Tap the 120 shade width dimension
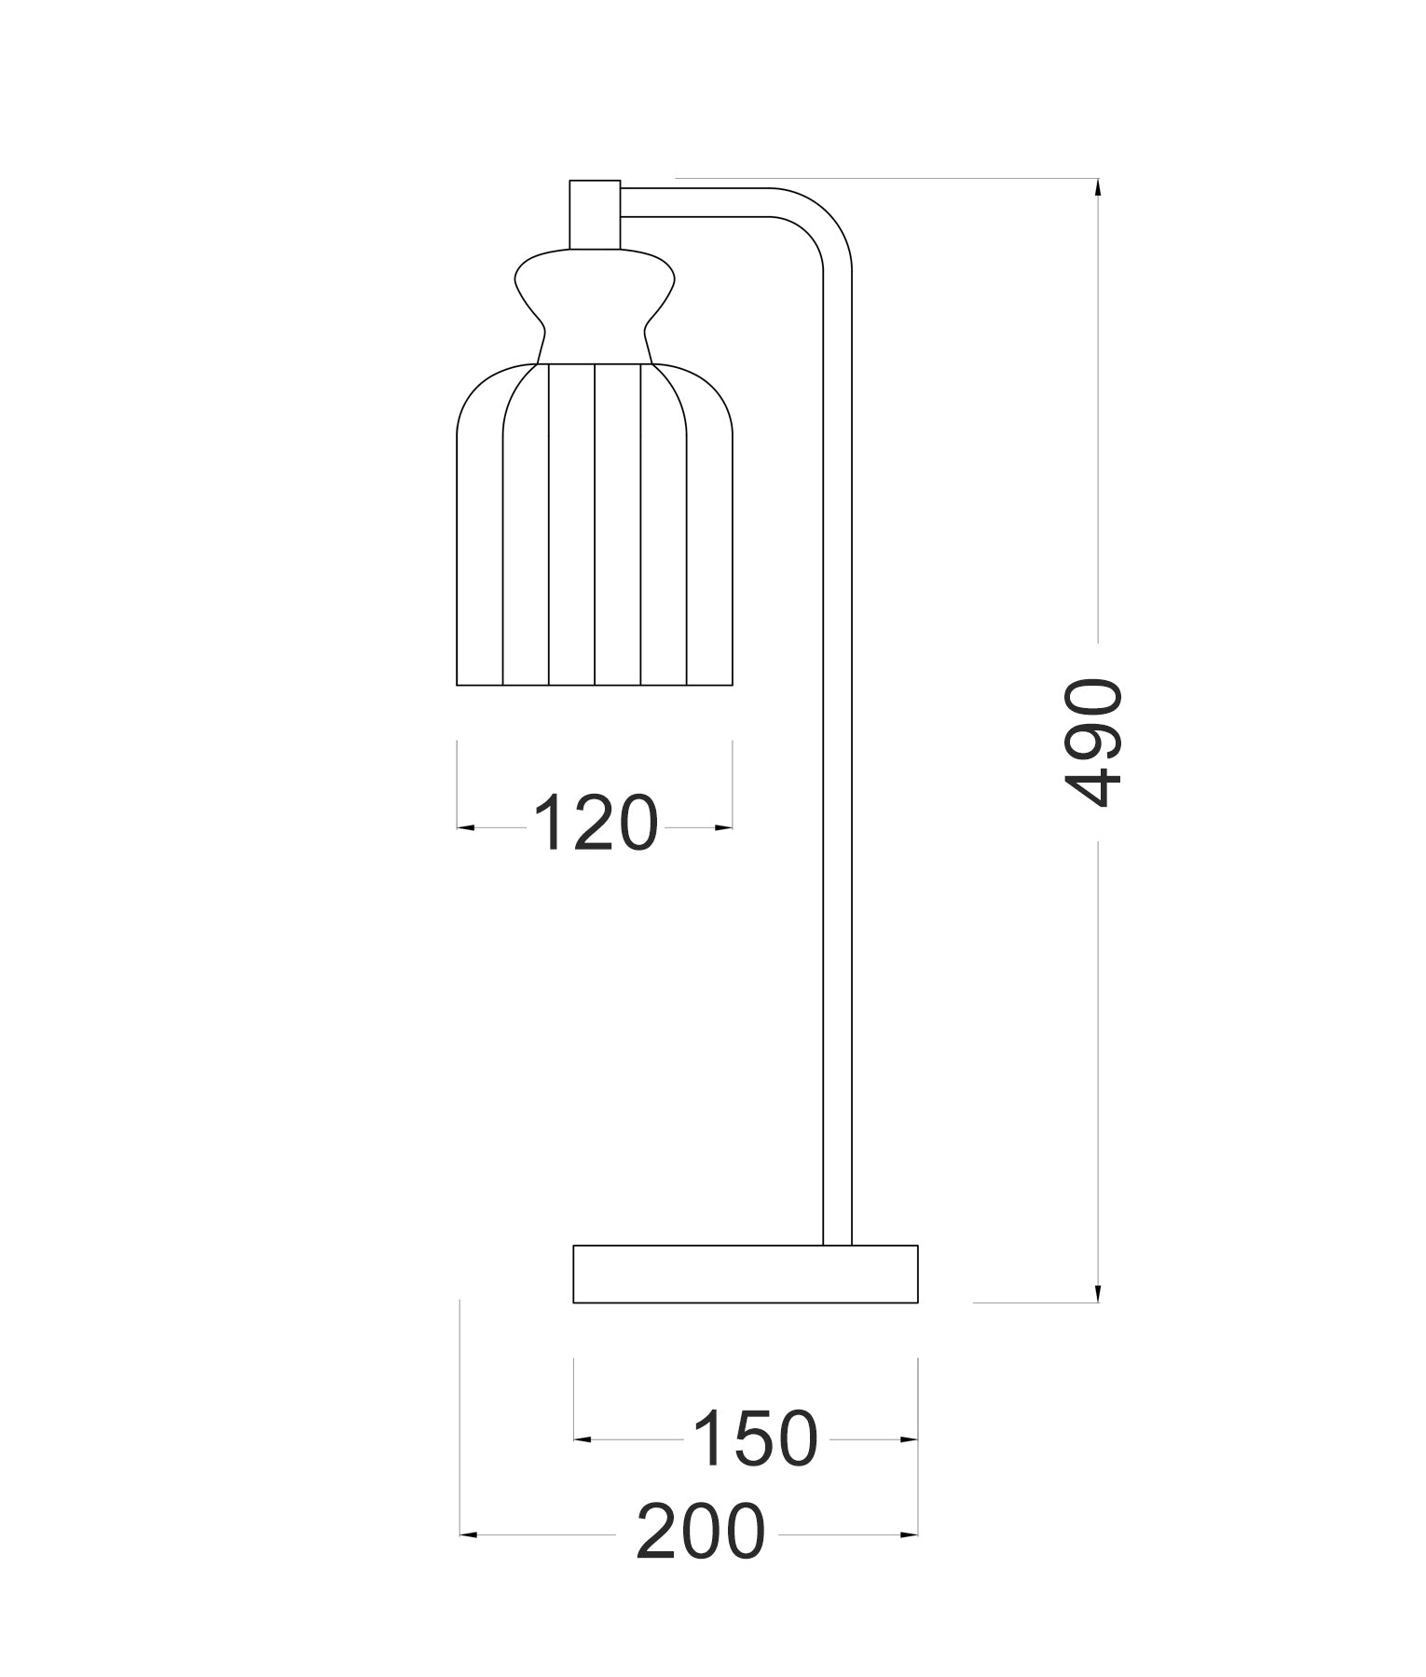tap(596, 824)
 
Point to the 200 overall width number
tap(701, 1532)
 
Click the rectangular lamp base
tap(746, 1274)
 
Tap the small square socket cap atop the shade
tap(595, 214)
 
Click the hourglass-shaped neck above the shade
tap(595, 306)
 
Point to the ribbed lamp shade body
tap(595, 524)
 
